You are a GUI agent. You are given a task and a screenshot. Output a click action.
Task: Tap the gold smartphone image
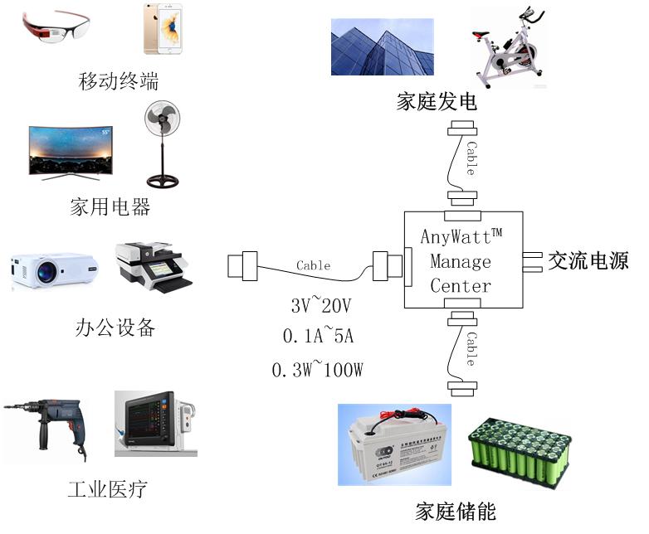(162, 29)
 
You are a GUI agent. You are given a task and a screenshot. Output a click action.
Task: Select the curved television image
(71, 152)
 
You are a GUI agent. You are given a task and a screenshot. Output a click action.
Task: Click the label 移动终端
(118, 81)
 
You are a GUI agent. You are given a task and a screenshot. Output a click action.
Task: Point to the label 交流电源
(588, 261)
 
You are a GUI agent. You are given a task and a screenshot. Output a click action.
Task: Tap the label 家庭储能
(456, 512)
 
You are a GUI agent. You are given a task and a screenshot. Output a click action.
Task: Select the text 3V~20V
(322, 307)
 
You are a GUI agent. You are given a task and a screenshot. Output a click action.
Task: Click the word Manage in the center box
(461, 261)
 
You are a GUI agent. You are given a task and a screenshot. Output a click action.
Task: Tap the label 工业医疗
(107, 489)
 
